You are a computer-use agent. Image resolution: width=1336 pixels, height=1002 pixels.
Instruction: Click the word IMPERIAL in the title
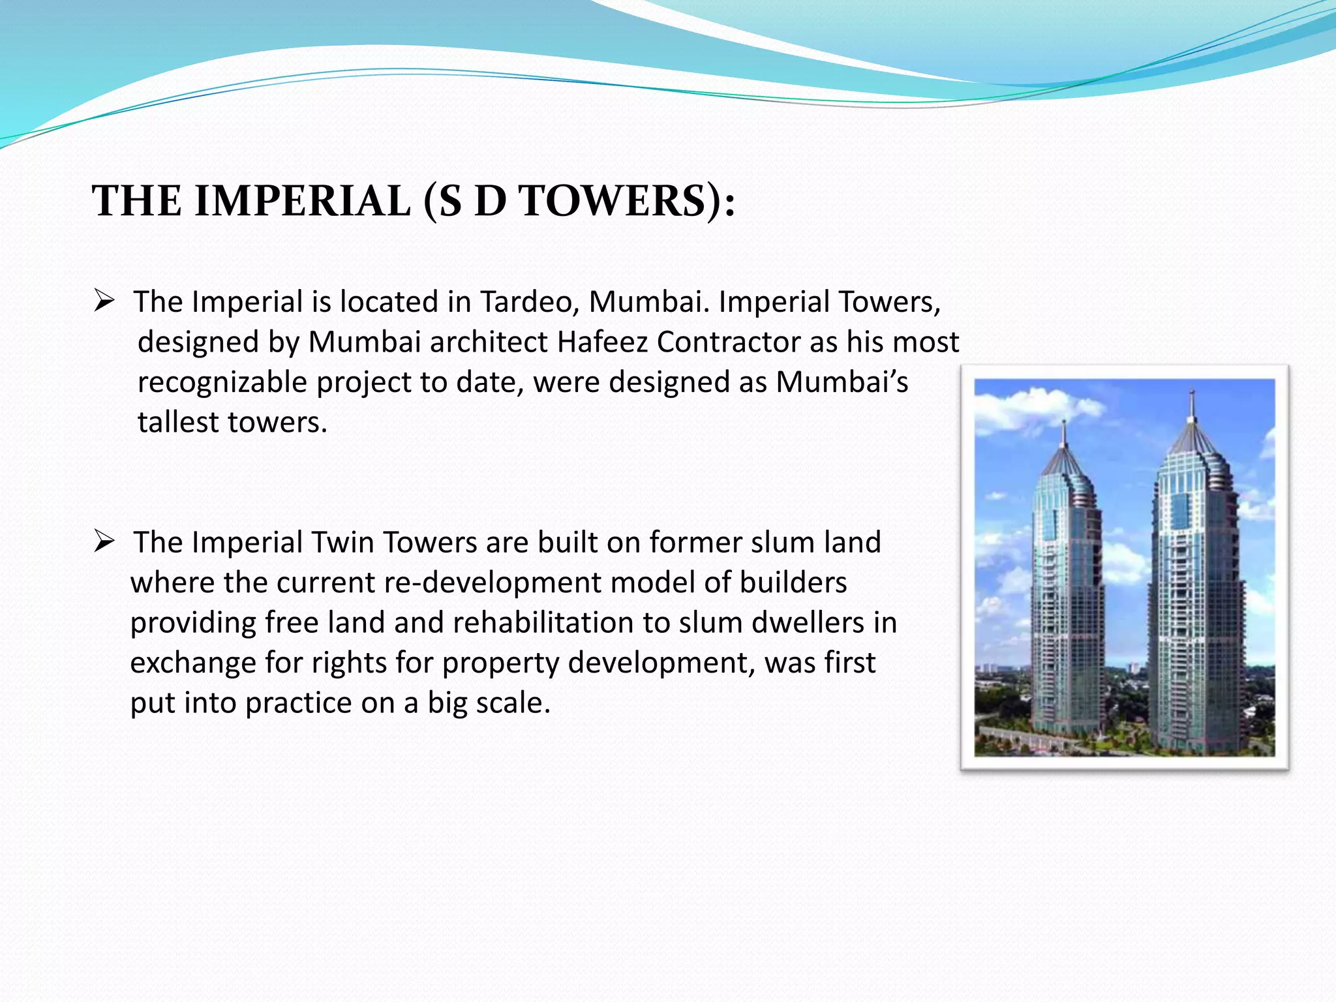303,201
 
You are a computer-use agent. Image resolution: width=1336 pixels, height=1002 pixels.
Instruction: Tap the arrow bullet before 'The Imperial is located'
104,301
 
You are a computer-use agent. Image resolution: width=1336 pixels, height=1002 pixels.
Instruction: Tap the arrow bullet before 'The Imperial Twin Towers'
104,541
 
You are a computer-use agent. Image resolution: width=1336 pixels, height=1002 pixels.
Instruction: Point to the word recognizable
222,383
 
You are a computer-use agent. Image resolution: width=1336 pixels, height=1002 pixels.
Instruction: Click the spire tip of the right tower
1192,393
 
